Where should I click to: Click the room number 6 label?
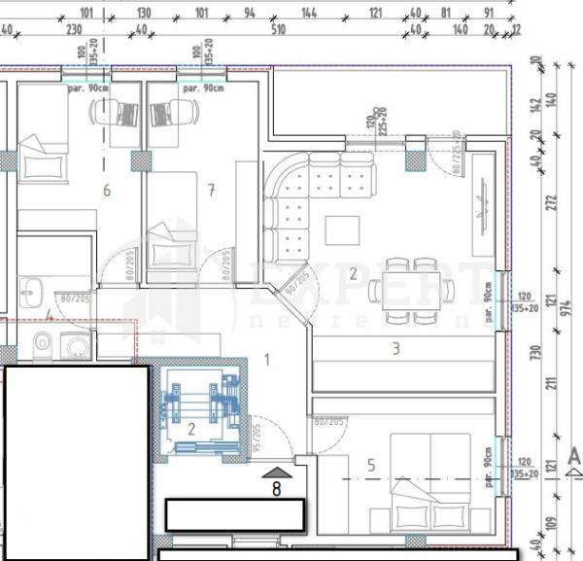107,191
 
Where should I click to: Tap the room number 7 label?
211,190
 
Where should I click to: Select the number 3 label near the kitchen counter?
395,348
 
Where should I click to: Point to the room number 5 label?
370,466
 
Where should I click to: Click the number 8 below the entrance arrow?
276,490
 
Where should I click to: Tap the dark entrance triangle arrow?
276,473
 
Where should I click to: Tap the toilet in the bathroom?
42,343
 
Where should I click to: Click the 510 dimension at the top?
278,30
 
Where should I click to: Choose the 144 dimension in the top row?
310,14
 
